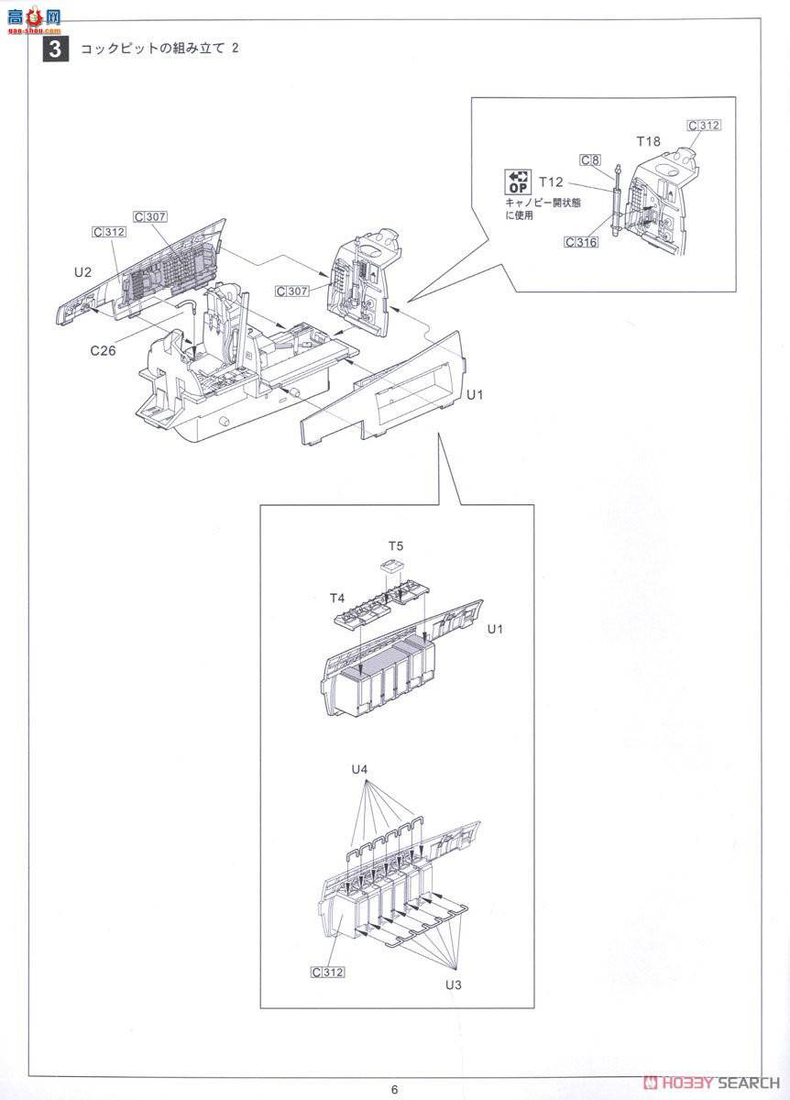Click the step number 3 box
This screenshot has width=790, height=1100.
point(56,49)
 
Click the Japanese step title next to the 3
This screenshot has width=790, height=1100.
point(159,48)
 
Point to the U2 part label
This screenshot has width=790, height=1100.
point(82,272)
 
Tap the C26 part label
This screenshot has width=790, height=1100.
point(104,350)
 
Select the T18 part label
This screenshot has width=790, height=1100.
point(648,141)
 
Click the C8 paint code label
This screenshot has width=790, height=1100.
point(590,160)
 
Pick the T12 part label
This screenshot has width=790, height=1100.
point(551,182)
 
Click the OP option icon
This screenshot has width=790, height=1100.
point(518,181)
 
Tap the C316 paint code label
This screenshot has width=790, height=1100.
point(581,242)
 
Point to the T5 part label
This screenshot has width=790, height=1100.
point(396,545)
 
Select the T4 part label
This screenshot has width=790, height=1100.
point(337,598)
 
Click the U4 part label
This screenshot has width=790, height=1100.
point(359,769)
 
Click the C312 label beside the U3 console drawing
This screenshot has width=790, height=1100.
point(328,972)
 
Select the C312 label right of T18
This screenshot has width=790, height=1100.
point(704,126)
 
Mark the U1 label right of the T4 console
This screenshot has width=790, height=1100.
point(495,629)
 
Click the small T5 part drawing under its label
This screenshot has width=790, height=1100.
point(392,566)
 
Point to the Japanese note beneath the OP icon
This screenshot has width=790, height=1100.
point(543,209)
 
